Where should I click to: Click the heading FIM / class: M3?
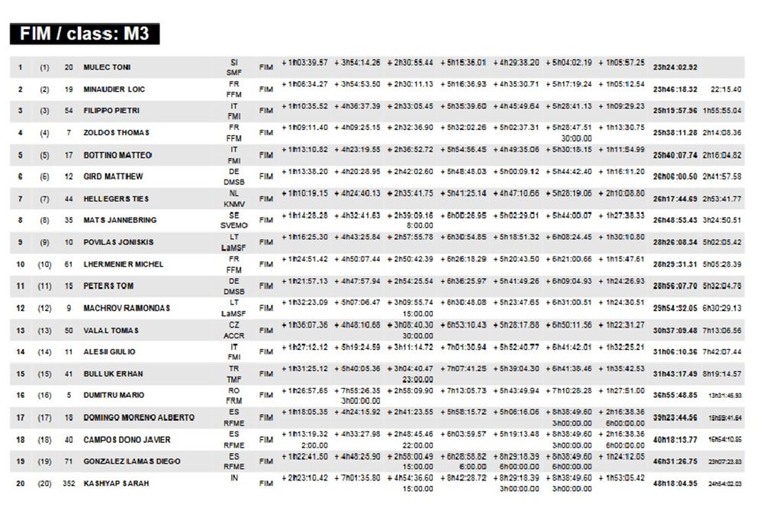[84, 34]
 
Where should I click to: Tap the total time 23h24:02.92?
[675, 67]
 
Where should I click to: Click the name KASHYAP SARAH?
[116, 484]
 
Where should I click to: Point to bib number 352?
[69, 484]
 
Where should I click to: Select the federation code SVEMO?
[233, 225]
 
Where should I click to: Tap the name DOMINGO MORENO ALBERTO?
[127, 418]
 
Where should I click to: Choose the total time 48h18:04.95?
[675, 484]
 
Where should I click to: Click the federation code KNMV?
[233, 204]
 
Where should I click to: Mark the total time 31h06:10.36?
[675, 352]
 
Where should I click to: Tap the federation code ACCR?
[233, 335]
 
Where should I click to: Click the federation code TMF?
[233, 379]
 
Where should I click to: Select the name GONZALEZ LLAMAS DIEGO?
[127, 461]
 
